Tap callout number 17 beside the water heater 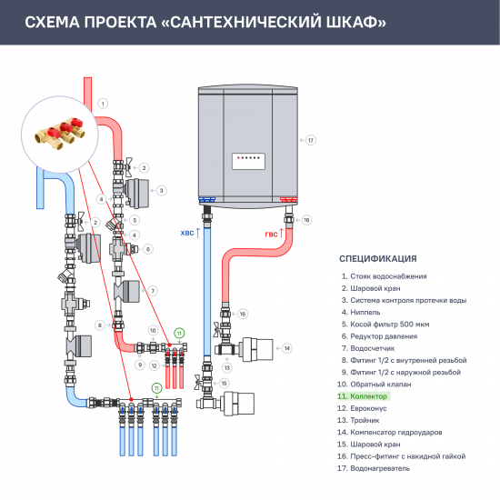point(310,140)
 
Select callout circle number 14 point(285,347)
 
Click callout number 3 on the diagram point(161,190)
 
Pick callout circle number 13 point(227,367)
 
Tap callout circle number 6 point(148,248)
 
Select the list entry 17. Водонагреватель point(373,468)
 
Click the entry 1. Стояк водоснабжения point(383,275)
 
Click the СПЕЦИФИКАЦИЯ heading point(377,257)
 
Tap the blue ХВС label point(188,234)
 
